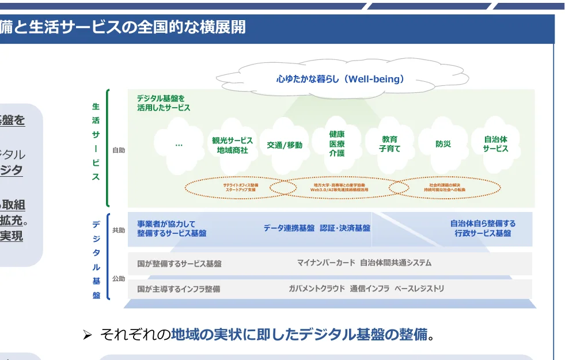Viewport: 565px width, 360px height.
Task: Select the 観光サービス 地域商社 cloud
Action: coord(232,145)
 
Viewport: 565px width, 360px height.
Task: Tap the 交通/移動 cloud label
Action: coord(284,145)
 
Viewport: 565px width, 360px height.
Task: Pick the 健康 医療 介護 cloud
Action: coord(337,144)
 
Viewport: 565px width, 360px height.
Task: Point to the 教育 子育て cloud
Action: coord(389,144)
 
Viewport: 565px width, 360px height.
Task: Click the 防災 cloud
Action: coord(443,145)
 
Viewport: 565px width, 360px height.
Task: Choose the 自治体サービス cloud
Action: coord(495,144)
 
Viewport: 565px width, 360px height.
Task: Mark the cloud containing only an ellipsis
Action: coord(179,145)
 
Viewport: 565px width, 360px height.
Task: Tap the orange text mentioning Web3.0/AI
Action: coord(339,187)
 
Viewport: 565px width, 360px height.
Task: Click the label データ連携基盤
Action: coord(289,228)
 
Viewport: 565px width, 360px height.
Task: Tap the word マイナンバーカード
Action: coord(326,263)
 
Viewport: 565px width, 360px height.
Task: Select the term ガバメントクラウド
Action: coord(317,289)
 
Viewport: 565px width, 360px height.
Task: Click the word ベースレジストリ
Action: coord(419,289)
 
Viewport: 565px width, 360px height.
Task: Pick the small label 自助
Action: coord(119,150)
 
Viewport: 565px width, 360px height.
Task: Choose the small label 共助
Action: coord(119,230)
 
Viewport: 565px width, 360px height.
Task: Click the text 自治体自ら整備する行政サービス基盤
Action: coord(483,228)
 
